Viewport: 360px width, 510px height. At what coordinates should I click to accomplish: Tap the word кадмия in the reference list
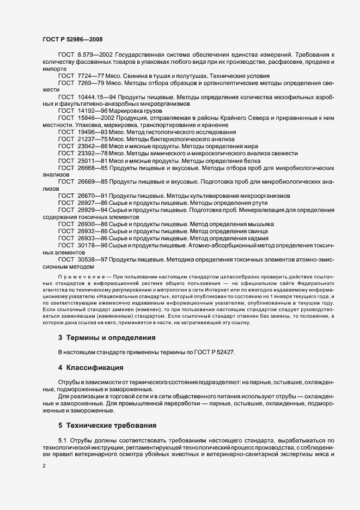pyautogui.click(x=256, y=239)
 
